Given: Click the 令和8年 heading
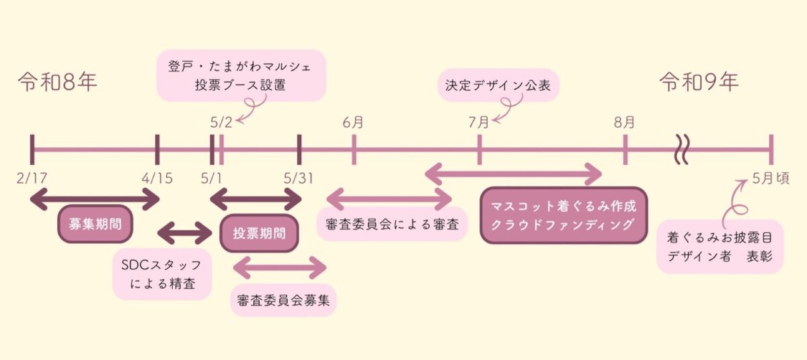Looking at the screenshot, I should click(58, 83).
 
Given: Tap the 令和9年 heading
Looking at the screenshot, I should click(699, 83).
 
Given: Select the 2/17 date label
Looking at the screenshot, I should click(32, 180).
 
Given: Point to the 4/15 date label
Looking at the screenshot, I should click(158, 180).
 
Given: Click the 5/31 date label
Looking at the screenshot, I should click(299, 180).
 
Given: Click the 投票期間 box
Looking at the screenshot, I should click(259, 233).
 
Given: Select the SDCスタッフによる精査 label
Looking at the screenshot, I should click(161, 273).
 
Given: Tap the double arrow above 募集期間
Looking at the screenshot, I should click(95, 199).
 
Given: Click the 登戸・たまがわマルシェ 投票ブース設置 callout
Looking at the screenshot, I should click(241, 75).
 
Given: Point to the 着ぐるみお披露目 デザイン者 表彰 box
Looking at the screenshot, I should click(720, 246).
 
